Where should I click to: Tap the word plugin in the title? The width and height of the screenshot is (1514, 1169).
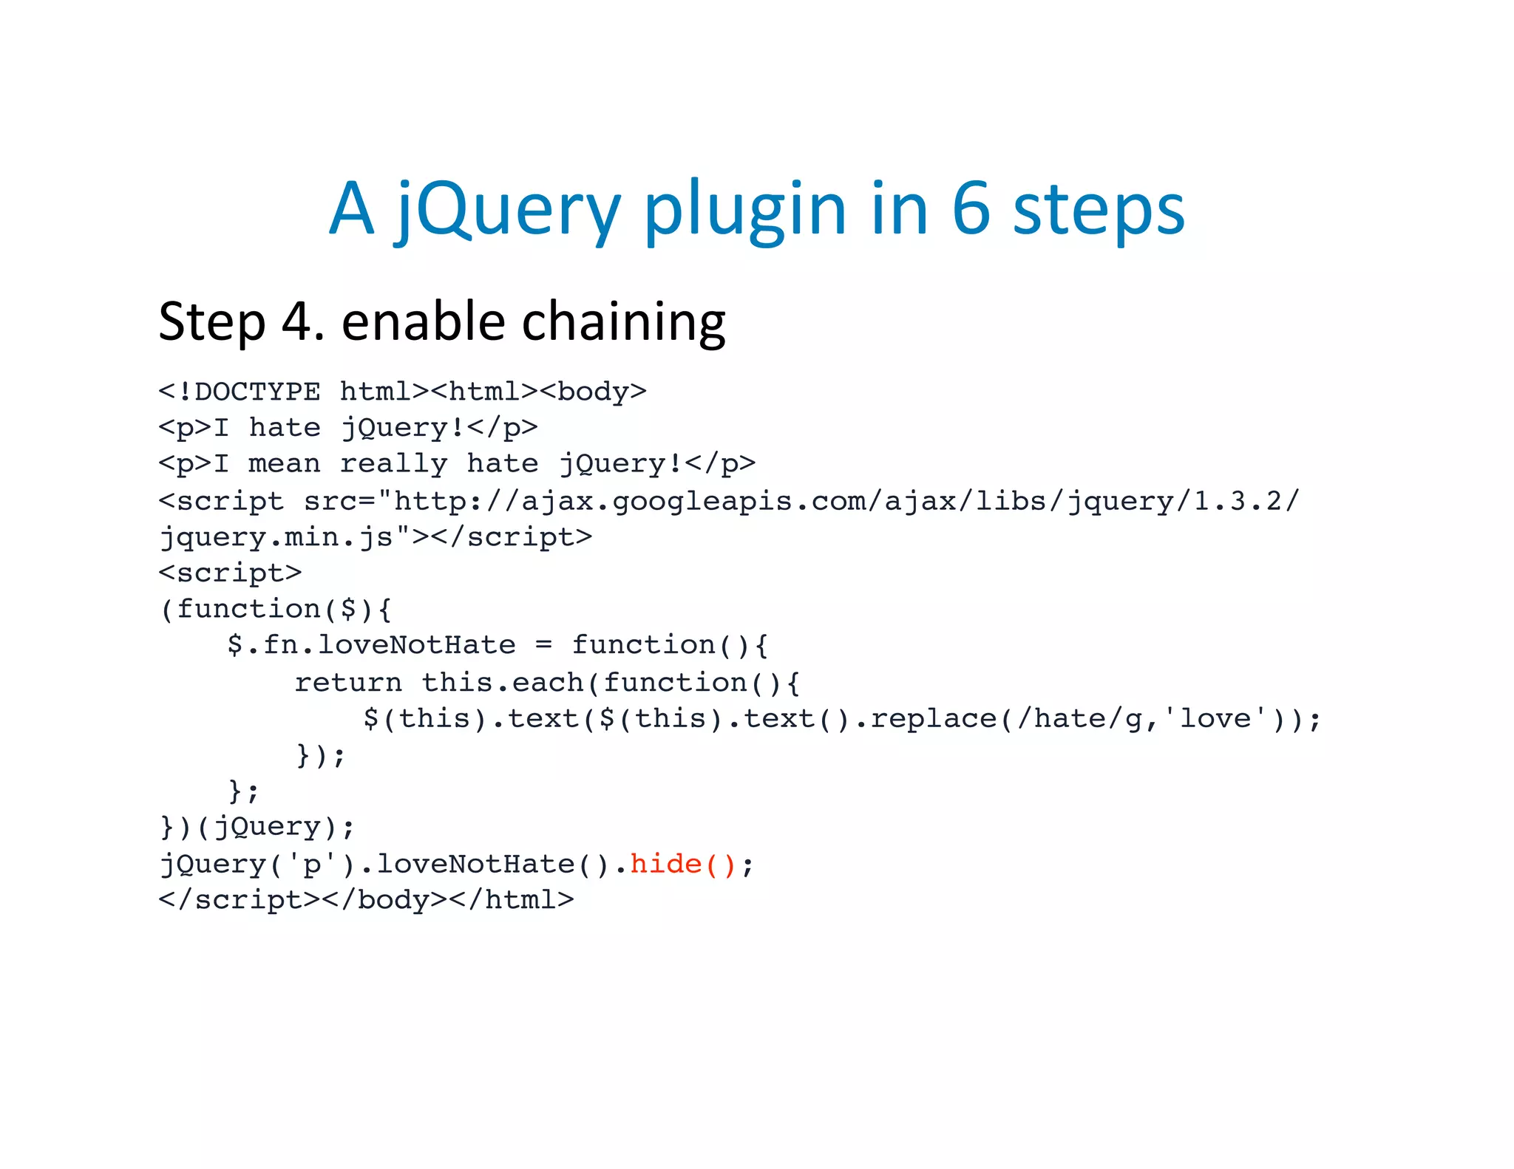(x=744, y=211)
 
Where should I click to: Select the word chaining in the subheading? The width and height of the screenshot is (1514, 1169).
(x=624, y=322)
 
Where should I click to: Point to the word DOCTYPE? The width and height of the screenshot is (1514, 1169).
(x=257, y=391)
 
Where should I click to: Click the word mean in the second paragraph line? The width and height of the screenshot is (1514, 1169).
(x=285, y=463)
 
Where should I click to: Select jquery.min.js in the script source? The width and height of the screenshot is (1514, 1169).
(x=276, y=536)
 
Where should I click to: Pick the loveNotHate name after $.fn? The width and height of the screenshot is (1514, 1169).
(x=416, y=644)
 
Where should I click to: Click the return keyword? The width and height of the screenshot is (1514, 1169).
(x=348, y=681)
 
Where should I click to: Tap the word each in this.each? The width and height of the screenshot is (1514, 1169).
(x=548, y=681)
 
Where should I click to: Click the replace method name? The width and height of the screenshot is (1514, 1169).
(x=933, y=718)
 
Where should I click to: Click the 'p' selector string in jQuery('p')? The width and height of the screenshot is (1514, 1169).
(x=312, y=863)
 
